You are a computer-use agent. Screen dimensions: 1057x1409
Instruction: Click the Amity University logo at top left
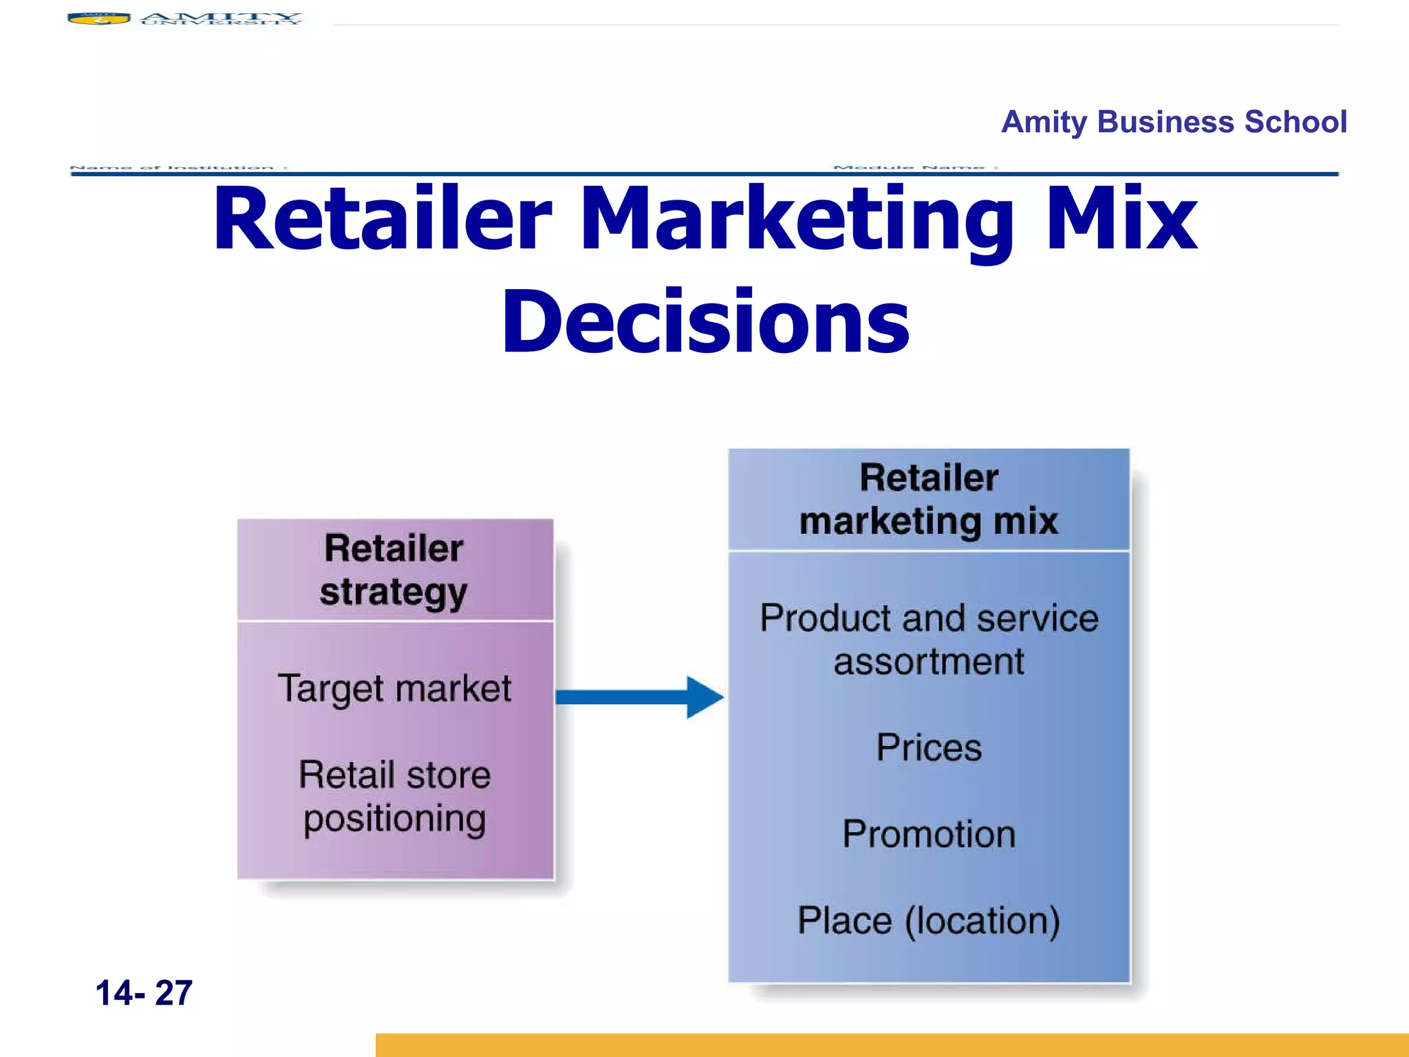click(x=184, y=19)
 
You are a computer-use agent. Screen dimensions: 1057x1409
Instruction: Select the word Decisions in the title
click(x=705, y=322)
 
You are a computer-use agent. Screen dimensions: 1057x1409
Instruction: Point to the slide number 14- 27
click(x=144, y=993)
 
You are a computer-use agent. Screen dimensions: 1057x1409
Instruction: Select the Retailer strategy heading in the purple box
click(x=394, y=570)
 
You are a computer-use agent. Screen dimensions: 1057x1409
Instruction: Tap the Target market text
click(x=394, y=689)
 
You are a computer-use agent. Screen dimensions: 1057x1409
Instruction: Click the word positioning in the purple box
click(x=394, y=819)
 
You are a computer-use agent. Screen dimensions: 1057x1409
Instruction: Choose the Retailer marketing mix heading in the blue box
click(x=929, y=500)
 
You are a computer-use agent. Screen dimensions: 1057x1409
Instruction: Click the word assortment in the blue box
click(x=929, y=662)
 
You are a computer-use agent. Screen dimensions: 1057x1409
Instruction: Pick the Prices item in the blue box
click(x=929, y=748)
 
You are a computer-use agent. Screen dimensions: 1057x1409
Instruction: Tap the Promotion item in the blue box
click(x=929, y=835)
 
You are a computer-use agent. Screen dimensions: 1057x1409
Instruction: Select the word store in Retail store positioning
click(x=448, y=776)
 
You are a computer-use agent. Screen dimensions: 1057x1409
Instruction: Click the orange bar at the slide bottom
click(x=892, y=1045)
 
